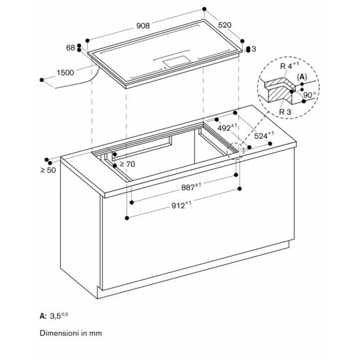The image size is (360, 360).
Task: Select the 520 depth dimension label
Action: pyautogui.click(x=225, y=25)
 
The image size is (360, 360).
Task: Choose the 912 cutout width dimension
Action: pyautogui.click(x=179, y=204)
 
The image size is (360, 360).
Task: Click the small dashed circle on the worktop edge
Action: pyautogui.click(x=234, y=153)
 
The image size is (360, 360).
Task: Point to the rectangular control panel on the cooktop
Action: pyautogui.click(x=179, y=61)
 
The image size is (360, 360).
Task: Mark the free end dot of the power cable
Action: pyautogui.click(x=43, y=79)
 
